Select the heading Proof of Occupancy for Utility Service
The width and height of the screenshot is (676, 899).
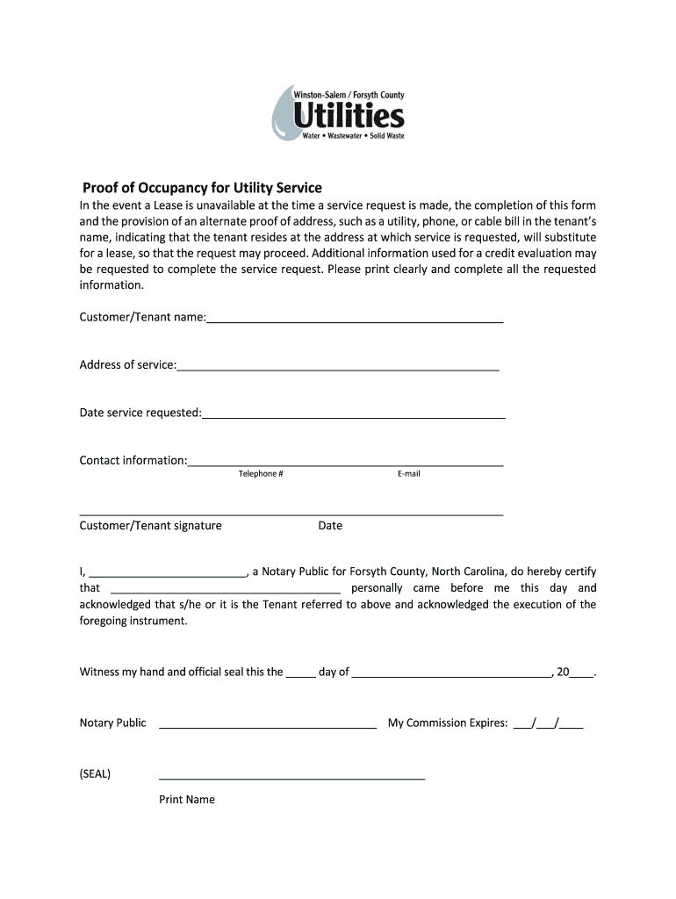coord(202,188)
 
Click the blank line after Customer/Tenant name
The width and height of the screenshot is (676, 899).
coord(355,321)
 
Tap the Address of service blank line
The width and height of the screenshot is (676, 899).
coord(338,369)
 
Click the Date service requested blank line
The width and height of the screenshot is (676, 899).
coord(354,416)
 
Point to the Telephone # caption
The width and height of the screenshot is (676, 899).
coord(261,474)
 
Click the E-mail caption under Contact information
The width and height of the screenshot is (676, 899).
coord(408,474)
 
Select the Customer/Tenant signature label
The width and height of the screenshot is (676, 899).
coord(151,526)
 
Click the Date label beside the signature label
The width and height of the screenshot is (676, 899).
coord(330,526)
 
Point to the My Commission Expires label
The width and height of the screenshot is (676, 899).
coord(448,723)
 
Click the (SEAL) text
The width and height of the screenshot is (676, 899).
coord(96,774)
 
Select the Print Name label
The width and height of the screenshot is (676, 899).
coord(187,800)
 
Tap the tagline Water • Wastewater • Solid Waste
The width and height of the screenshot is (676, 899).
coord(353,136)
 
